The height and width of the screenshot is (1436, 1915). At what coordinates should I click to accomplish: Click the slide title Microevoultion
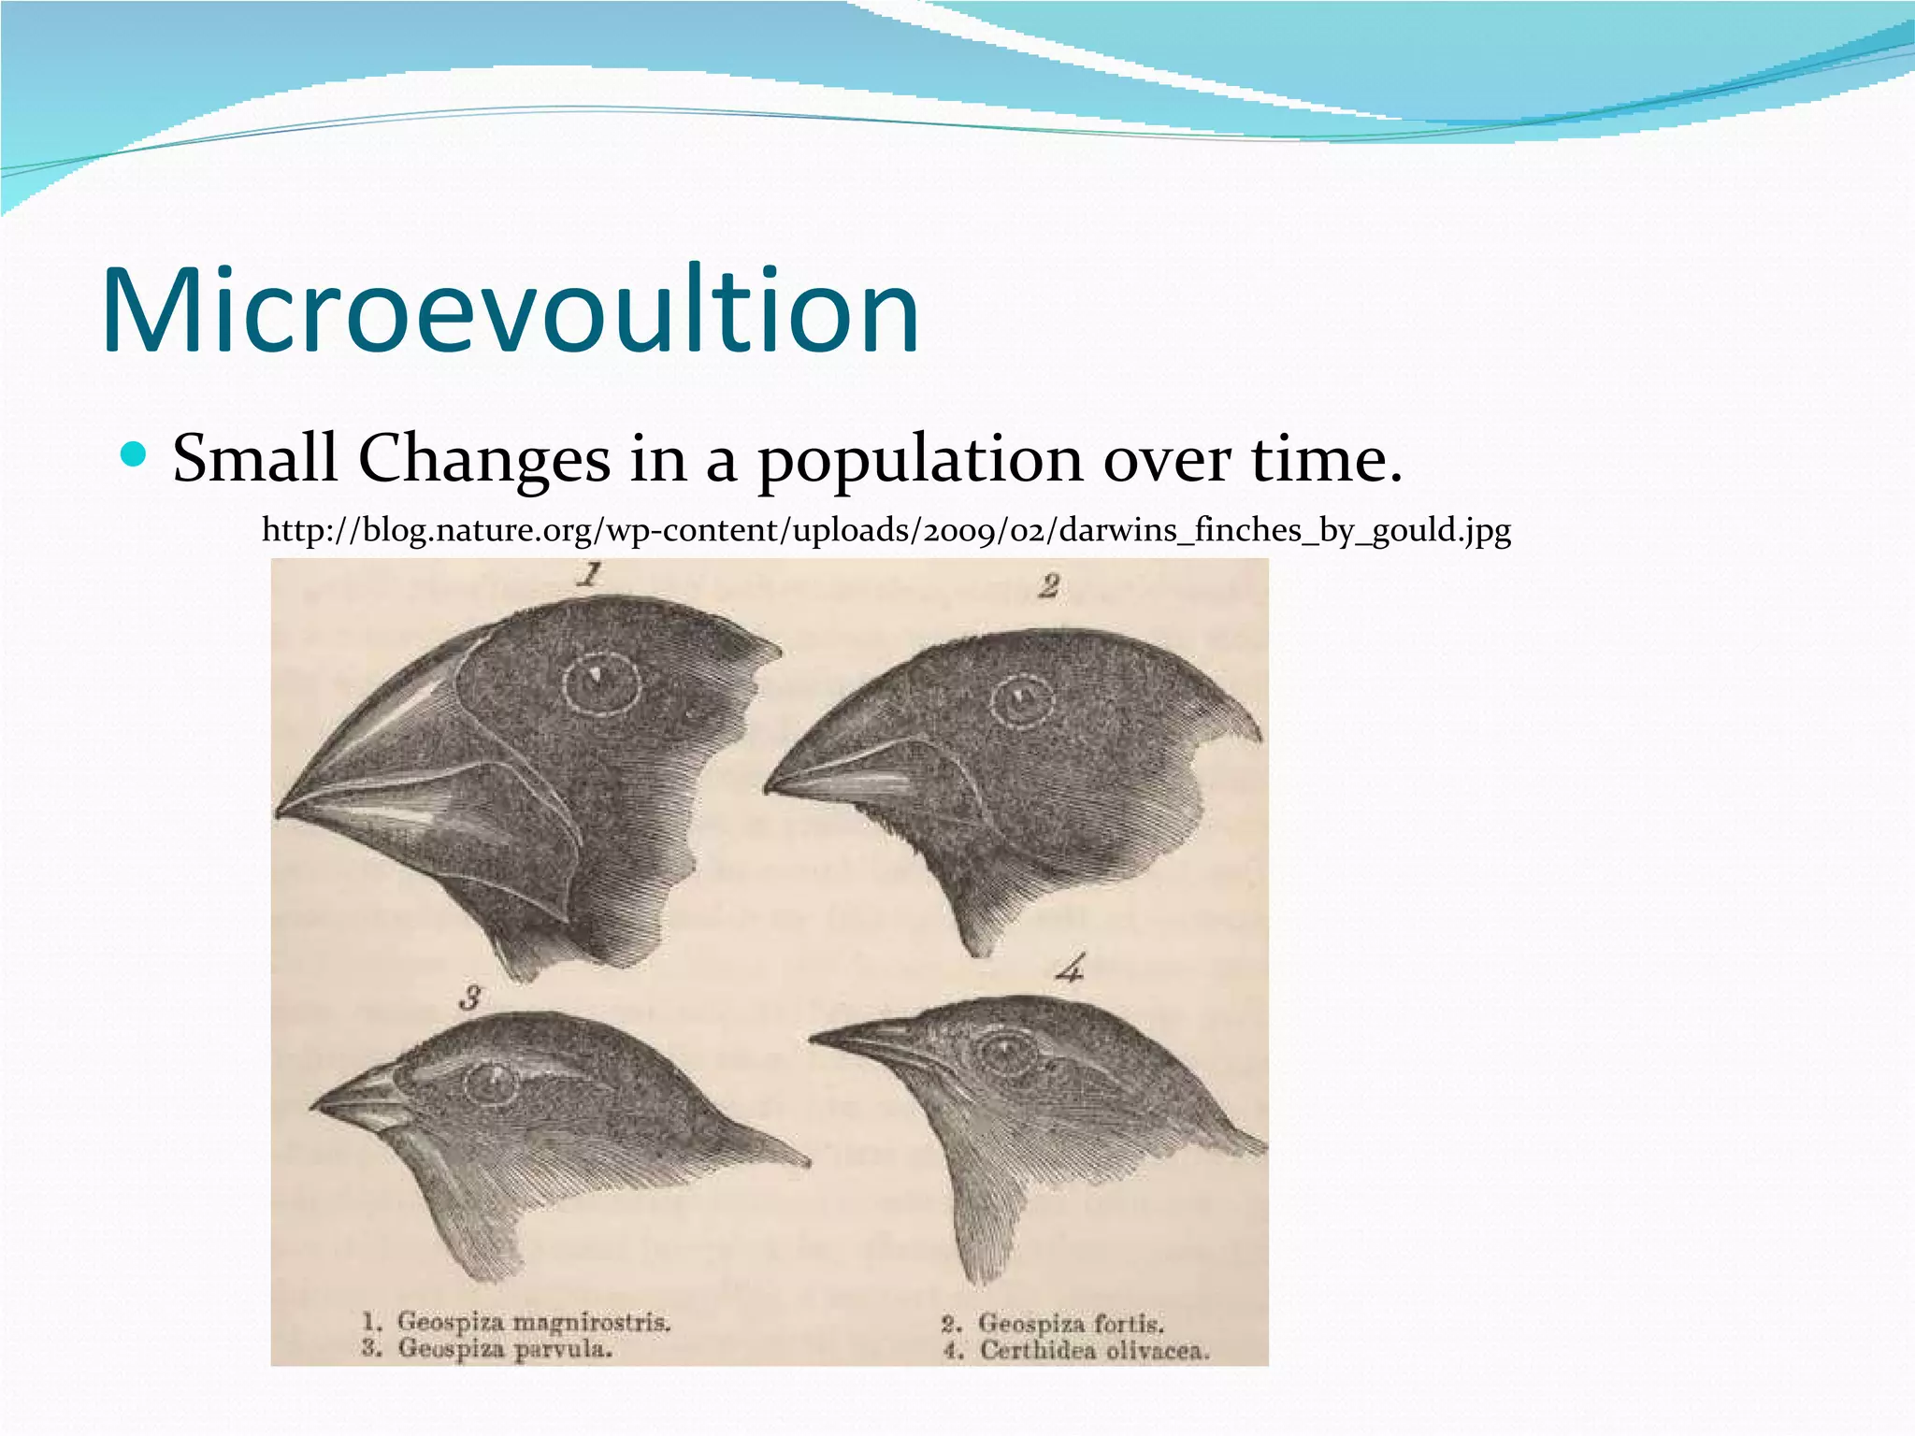tap(511, 310)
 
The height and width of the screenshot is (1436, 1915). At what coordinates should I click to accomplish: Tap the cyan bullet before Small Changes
tap(135, 456)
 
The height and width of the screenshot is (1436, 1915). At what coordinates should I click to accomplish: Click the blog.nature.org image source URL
tap(886, 530)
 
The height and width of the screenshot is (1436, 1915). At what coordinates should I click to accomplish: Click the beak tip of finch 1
tap(281, 812)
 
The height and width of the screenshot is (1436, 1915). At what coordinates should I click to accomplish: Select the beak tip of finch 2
tap(770, 787)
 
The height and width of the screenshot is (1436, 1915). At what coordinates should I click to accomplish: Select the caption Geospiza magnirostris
tap(533, 1322)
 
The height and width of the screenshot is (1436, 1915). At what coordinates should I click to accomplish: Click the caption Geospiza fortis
tap(1070, 1324)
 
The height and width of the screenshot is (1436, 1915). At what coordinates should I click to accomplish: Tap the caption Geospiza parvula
tap(504, 1349)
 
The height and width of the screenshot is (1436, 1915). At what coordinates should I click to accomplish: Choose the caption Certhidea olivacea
tap(1093, 1351)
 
